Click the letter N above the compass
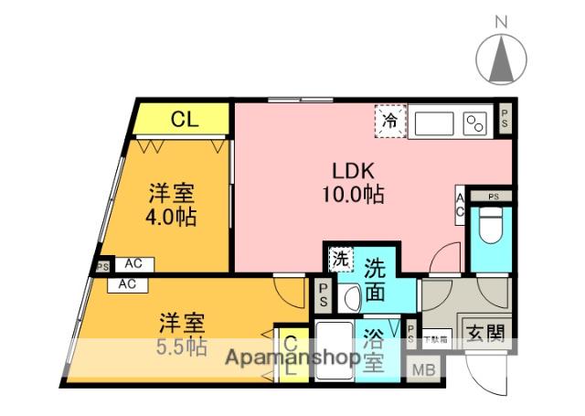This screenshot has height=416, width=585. point(501,20)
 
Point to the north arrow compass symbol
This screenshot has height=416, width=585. point(502,60)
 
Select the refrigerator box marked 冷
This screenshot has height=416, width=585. point(390,121)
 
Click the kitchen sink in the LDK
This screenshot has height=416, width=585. point(434,123)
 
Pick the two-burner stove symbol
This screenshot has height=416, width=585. point(475,123)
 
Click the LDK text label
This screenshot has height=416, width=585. point(351,171)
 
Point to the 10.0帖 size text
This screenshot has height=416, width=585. point(351,194)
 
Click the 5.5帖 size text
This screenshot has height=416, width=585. point(183,347)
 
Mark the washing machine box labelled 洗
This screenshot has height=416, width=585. point(340,259)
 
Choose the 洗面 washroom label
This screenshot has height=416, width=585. point(375,282)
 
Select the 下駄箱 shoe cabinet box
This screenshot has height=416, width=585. point(436,338)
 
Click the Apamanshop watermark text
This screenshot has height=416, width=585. point(293,357)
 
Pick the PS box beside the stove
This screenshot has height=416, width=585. point(505,118)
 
